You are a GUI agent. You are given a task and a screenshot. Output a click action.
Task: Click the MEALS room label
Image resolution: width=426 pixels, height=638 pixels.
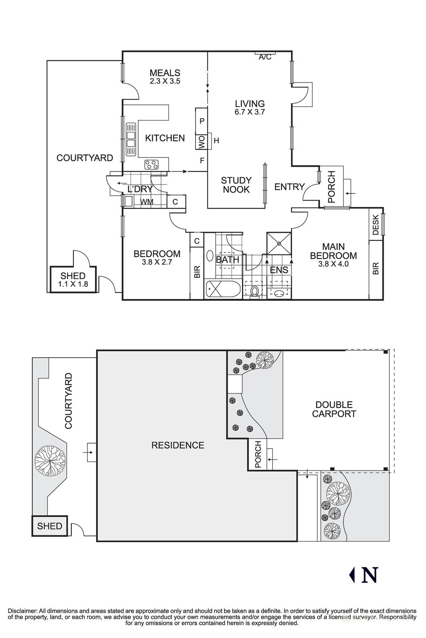click(165, 73)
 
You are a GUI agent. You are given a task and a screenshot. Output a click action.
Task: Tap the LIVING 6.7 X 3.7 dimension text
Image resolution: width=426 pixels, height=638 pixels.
click(250, 112)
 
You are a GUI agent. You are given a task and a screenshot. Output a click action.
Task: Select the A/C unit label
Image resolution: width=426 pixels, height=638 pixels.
click(265, 57)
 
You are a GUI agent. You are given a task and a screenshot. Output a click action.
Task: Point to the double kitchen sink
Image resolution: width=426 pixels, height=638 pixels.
click(131, 139)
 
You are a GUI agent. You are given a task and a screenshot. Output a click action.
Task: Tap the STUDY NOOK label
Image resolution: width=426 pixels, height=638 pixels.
click(236, 185)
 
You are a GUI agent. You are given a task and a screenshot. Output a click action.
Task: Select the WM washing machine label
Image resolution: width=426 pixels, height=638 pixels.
click(147, 202)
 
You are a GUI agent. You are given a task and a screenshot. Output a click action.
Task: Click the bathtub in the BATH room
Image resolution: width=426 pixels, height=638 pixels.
click(222, 289)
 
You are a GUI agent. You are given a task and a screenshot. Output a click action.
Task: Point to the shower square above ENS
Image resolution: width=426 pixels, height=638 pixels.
click(279, 243)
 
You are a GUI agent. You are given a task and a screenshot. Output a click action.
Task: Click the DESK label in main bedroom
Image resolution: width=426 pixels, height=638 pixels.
click(375, 225)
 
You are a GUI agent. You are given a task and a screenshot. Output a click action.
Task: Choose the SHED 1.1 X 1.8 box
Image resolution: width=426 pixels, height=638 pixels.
click(73, 280)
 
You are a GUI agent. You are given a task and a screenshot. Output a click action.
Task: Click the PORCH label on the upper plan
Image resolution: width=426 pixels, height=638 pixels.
click(331, 187)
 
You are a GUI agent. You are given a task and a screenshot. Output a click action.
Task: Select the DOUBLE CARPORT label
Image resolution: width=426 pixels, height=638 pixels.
click(333, 410)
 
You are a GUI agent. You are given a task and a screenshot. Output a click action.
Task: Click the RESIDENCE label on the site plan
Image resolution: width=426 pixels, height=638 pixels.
click(178, 445)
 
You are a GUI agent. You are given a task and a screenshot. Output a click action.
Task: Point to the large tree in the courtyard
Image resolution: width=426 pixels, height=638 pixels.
click(50, 460)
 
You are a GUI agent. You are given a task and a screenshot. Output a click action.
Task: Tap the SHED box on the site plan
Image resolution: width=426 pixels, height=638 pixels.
click(50, 526)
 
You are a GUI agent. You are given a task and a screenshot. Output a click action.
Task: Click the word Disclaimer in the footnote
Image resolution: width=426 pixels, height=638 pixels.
click(22, 611)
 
